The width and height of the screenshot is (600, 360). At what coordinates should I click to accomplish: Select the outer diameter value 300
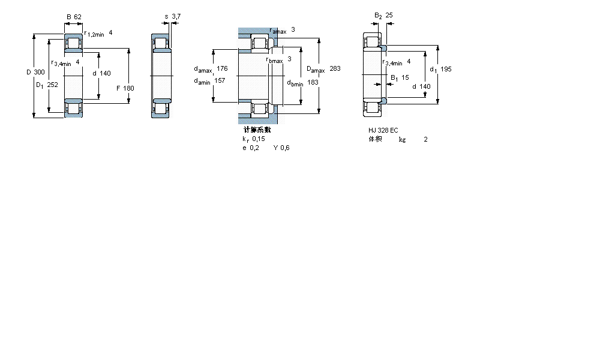pyautogui.click(x=39, y=73)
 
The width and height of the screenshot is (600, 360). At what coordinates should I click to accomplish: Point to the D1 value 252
pyautogui.click(x=53, y=85)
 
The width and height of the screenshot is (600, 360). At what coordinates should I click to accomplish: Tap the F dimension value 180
pyautogui.click(x=128, y=88)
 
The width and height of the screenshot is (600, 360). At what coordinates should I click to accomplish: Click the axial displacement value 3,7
pyautogui.click(x=176, y=16)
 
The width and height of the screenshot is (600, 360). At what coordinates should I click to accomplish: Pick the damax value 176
pyautogui.click(x=222, y=68)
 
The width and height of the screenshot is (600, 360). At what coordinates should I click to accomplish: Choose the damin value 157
pyautogui.click(x=220, y=81)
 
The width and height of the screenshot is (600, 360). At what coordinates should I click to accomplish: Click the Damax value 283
pyautogui.click(x=335, y=69)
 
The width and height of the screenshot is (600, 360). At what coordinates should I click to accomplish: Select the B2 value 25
pyautogui.click(x=389, y=15)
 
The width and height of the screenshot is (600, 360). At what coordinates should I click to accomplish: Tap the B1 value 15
pyautogui.click(x=405, y=77)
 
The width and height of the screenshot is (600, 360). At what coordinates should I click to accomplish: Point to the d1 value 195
pyautogui.click(x=446, y=69)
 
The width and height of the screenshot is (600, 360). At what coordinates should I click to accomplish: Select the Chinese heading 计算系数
pyautogui.click(x=257, y=130)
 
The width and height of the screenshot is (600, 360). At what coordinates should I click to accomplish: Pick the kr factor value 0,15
pyautogui.click(x=258, y=139)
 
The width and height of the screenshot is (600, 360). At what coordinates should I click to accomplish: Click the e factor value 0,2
pyautogui.click(x=255, y=148)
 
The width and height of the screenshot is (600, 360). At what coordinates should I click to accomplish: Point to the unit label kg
pyautogui.click(x=402, y=139)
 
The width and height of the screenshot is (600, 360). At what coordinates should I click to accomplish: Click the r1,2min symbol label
pyautogui.click(x=94, y=34)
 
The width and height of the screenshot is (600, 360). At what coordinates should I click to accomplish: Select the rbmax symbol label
pyautogui.click(x=274, y=59)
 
